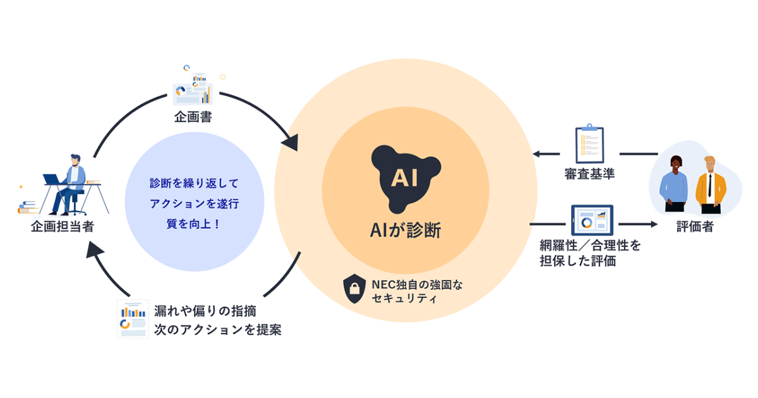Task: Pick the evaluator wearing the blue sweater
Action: coord(673,184)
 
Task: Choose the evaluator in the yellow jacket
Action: coord(710,183)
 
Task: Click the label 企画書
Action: coord(193,118)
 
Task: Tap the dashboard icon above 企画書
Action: coord(193,90)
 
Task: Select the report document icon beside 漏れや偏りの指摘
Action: coord(133,318)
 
